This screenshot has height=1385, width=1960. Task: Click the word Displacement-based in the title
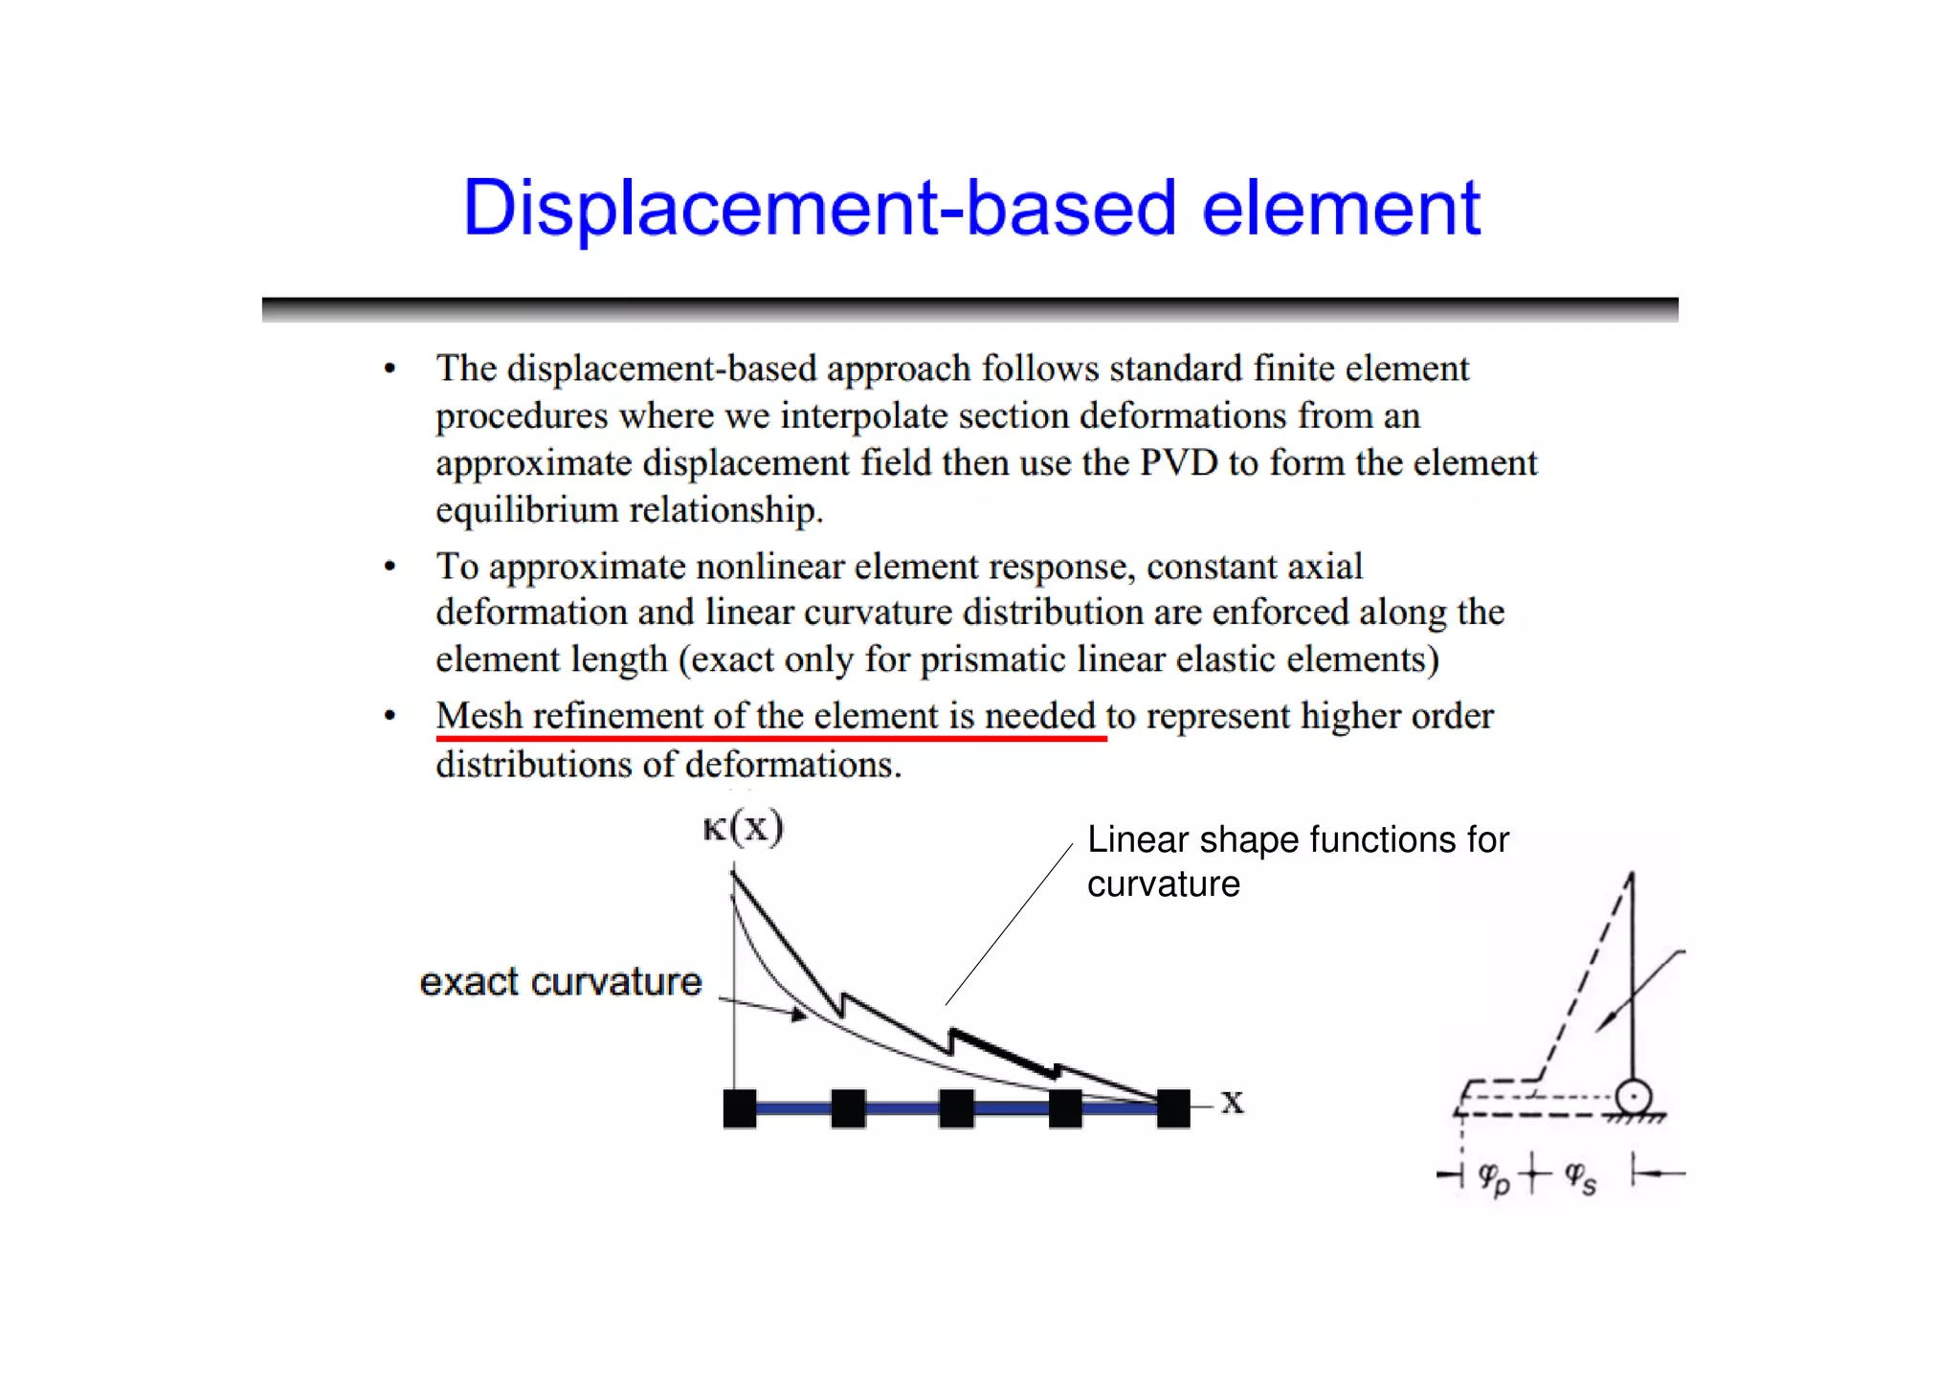[819, 209]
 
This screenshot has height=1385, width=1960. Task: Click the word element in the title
[1341, 209]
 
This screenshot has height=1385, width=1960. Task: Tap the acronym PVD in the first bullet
[1178, 463]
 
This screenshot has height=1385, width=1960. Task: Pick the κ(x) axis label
[743, 827]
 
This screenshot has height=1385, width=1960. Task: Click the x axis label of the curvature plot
[1233, 1104]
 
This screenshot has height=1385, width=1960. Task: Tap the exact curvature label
[561, 982]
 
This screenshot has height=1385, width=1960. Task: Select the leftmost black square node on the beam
[740, 1108]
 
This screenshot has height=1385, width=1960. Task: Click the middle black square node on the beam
[957, 1108]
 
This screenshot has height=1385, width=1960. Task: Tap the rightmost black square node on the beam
[1173, 1108]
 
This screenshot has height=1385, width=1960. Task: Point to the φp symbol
[1493, 1177]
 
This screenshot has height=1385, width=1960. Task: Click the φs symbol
[1579, 1177]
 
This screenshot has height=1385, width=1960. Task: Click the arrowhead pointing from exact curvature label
[799, 1015]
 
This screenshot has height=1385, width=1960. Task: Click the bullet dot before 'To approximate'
[390, 567]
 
